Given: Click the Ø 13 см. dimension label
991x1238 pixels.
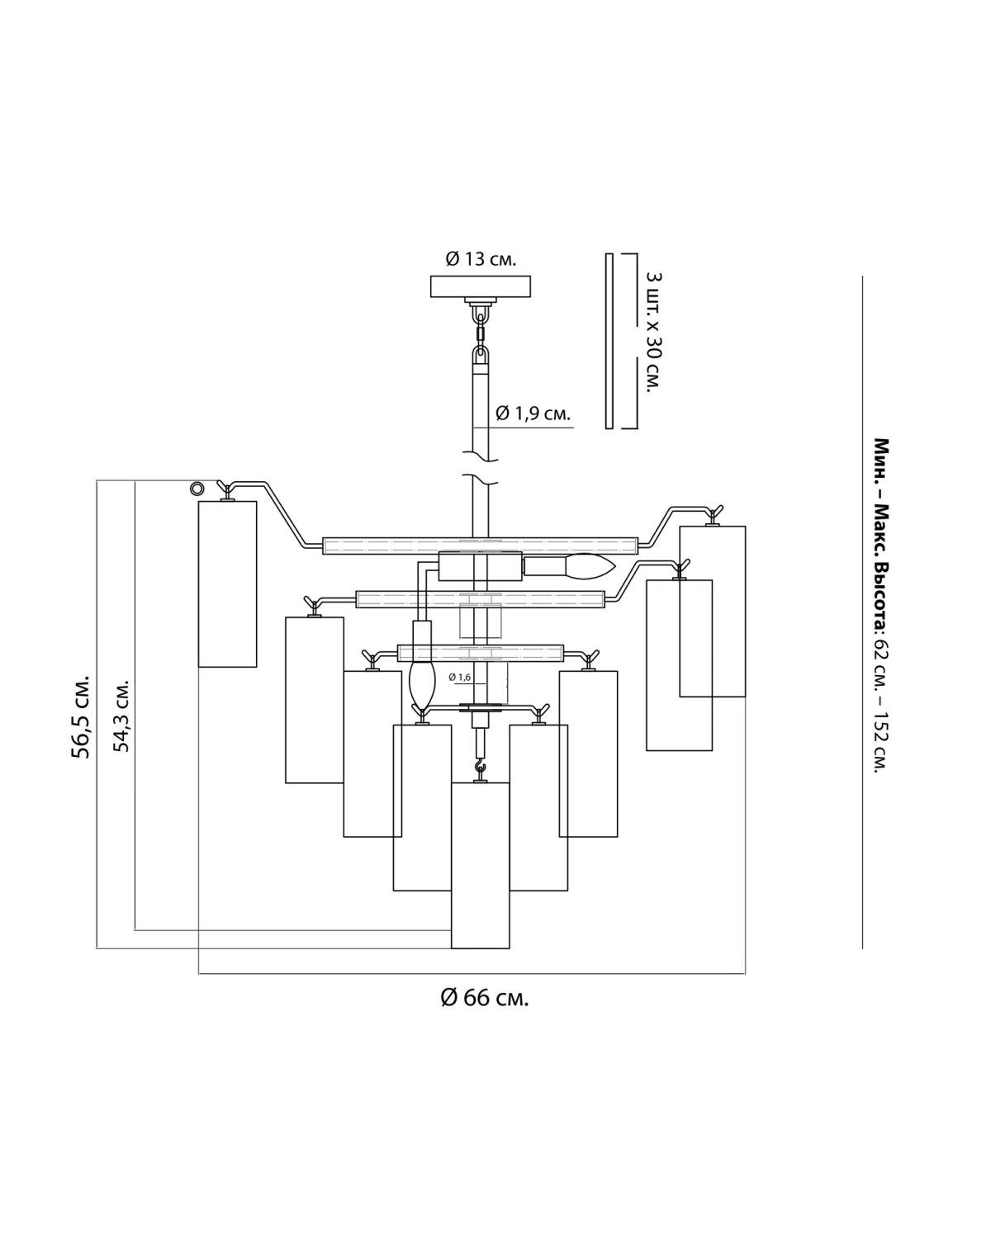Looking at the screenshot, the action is (x=481, y=259).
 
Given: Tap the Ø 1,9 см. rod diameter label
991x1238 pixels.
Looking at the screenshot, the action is (x=533, y=413).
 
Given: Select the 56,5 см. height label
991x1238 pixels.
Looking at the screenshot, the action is (x=81, y=716).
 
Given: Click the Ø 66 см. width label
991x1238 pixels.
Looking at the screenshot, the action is (x=484, y=997).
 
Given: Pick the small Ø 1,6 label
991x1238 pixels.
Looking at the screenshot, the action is (x=459, y=677).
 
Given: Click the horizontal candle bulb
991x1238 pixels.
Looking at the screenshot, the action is (x=569, y=566).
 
